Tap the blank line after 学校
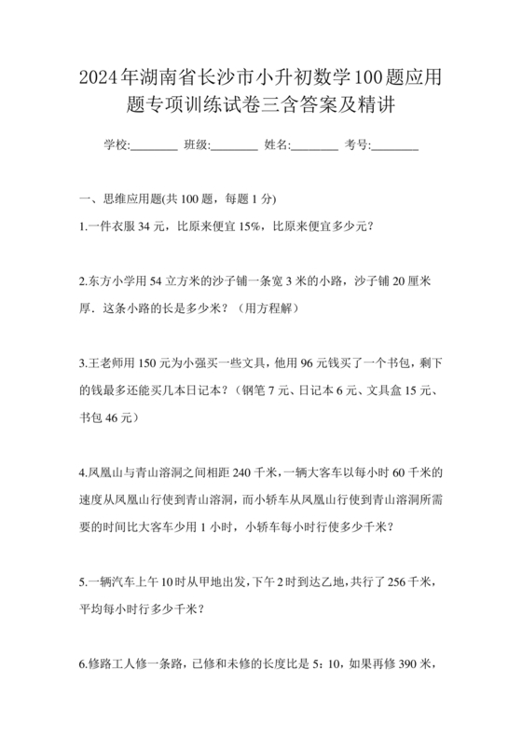154,145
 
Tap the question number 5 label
84,581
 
